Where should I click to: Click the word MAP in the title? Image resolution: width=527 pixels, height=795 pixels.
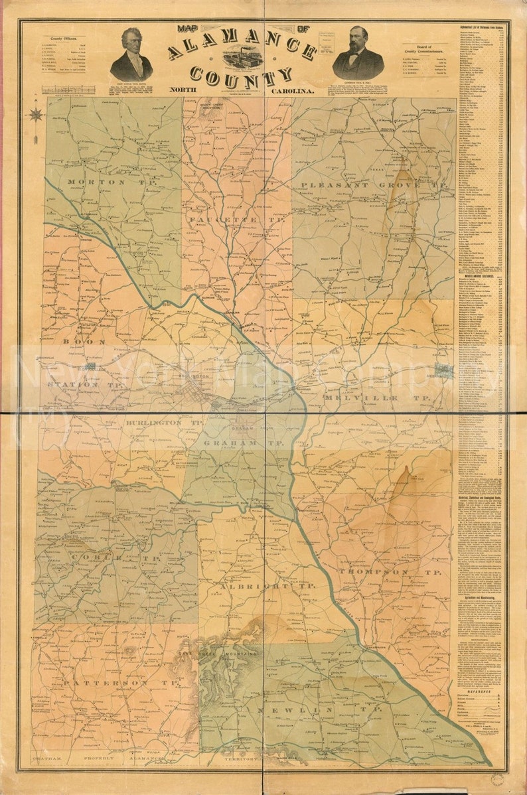[x=190, y=29]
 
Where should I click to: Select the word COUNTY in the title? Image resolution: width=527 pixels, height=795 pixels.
[x=240, y=76]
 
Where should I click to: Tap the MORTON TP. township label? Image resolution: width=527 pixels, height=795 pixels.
[x=96, y=182]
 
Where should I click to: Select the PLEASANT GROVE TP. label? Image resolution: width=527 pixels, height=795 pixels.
[x=370, y=184]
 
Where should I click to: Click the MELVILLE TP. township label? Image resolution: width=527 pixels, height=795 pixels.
[x=378, y=397]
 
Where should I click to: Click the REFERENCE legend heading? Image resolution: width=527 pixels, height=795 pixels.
[x=479, y=688]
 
